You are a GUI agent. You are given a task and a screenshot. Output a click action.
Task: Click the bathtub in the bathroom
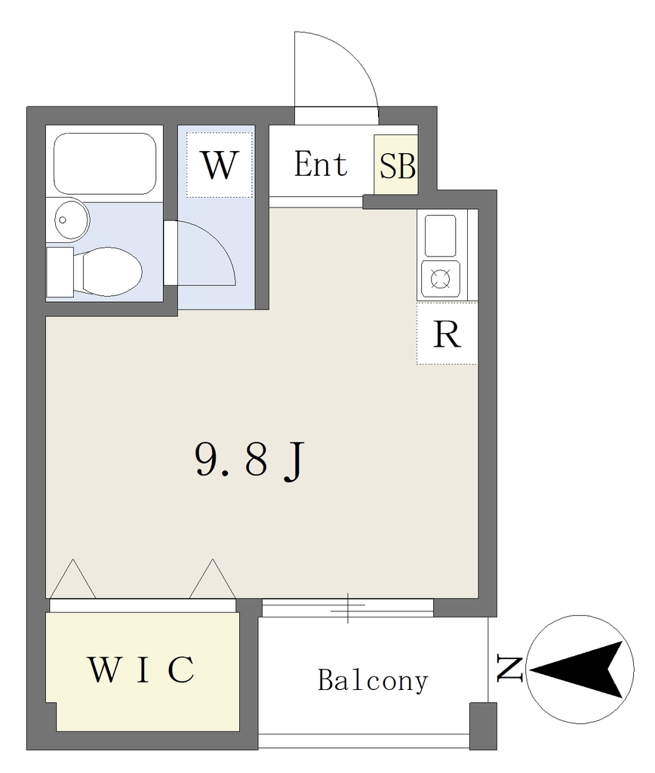105,163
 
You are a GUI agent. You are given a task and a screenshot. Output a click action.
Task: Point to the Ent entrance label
321,164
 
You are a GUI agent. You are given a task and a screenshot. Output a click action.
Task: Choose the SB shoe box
396,165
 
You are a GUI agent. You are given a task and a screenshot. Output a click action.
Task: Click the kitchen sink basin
440,236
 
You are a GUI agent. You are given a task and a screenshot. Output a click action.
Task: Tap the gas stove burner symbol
441,279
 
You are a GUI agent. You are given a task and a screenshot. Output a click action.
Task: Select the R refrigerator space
447,334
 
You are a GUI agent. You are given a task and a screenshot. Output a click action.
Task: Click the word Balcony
373,681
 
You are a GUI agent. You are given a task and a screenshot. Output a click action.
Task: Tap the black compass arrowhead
580,670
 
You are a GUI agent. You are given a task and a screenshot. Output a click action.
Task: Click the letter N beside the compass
509,669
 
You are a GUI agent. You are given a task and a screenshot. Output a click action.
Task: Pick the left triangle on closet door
73,579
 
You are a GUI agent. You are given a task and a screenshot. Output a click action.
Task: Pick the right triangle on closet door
212,579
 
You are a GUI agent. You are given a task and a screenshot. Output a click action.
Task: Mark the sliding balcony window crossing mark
347,608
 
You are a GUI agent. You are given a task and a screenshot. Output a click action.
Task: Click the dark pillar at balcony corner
483,726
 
